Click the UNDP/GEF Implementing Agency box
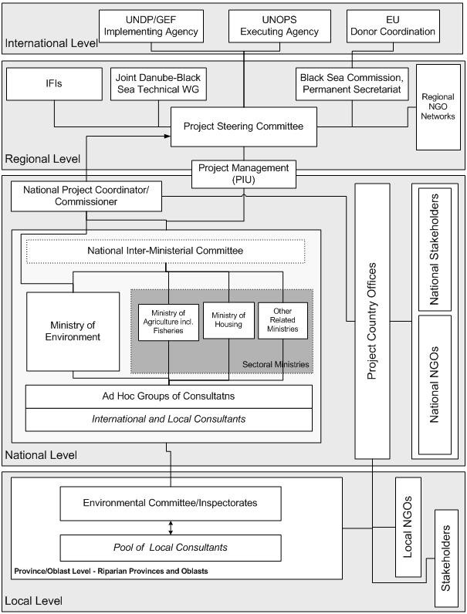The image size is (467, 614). coord(151,27)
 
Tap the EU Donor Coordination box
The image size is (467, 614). coord(392,27)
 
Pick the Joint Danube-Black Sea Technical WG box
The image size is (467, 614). coord(157,84)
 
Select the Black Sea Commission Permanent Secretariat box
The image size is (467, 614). coord(352,84)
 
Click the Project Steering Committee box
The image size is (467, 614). coord(243,127)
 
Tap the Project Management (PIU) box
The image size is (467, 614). coord(243,174)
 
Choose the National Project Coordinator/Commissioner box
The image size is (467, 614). coord(86,196)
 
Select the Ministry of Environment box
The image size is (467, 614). coord(73,331)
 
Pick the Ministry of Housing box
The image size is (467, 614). coord(228,319)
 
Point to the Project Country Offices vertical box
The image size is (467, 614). coord(372,321)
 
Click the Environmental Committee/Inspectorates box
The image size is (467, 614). coord(170,503)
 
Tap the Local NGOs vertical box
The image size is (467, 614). coord(408,527)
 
